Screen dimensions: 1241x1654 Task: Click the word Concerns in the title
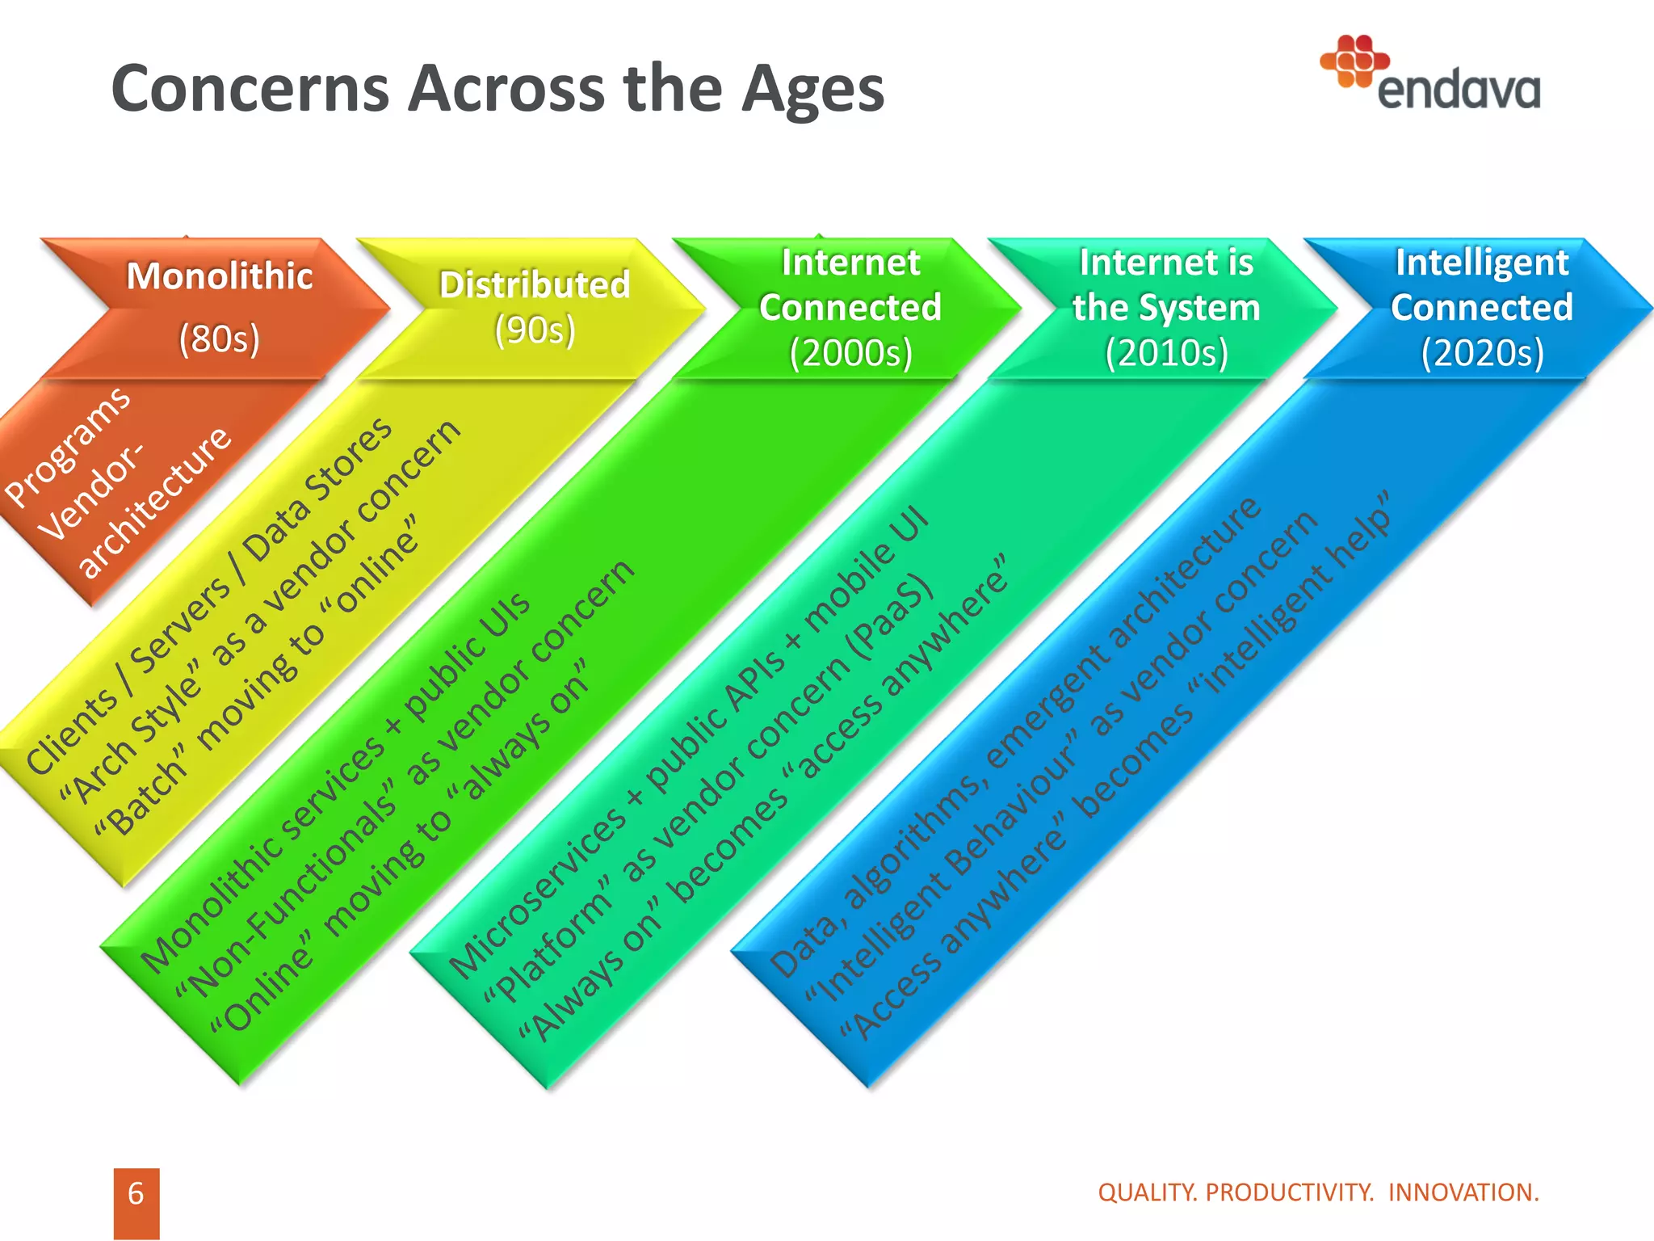[250, 89]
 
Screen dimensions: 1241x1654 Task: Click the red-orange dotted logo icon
[1354, 61]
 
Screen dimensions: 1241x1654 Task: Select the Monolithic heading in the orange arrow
[220, 276]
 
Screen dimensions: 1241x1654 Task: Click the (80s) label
[220, 339]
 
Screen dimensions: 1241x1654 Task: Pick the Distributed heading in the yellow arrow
[535, 285]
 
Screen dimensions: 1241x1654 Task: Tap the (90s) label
[535, 330]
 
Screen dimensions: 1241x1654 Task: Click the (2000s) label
[850, 353]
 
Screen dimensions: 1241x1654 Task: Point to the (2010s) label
[1166, 353]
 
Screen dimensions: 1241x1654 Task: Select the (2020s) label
[1482, 353]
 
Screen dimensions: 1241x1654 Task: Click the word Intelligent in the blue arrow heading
[1482, 263]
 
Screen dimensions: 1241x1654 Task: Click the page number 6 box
[136, 1194]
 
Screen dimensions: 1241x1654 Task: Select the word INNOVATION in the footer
[1463, 1193]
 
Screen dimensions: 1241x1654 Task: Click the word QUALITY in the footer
[1148, 1193]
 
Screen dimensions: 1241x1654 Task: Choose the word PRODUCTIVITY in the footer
[1290, 1193]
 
